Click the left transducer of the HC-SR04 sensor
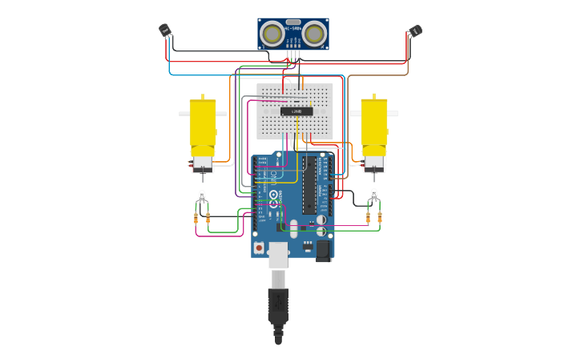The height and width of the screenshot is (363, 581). coord(272,34)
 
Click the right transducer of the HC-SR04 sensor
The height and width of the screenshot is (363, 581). coord(314,34)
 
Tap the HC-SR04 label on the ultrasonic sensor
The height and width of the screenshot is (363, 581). coord(293,22)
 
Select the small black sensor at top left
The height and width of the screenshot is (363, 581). coord(164,30)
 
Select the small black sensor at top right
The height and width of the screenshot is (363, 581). coord(414,31)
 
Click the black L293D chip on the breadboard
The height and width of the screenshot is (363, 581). coord(297,111)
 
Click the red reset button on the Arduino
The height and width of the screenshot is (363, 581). coord(259,248)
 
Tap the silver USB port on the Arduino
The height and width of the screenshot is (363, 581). coord(278,254)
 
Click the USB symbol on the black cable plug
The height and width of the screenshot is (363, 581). coord(278,304)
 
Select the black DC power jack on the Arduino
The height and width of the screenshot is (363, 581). coord(323,250)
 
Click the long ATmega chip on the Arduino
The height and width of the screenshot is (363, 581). coord(309,184)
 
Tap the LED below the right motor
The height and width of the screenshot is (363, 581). coord(373,194)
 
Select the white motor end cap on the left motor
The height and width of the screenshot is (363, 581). coord(203,163)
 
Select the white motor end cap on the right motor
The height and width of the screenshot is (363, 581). coord(374,163)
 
